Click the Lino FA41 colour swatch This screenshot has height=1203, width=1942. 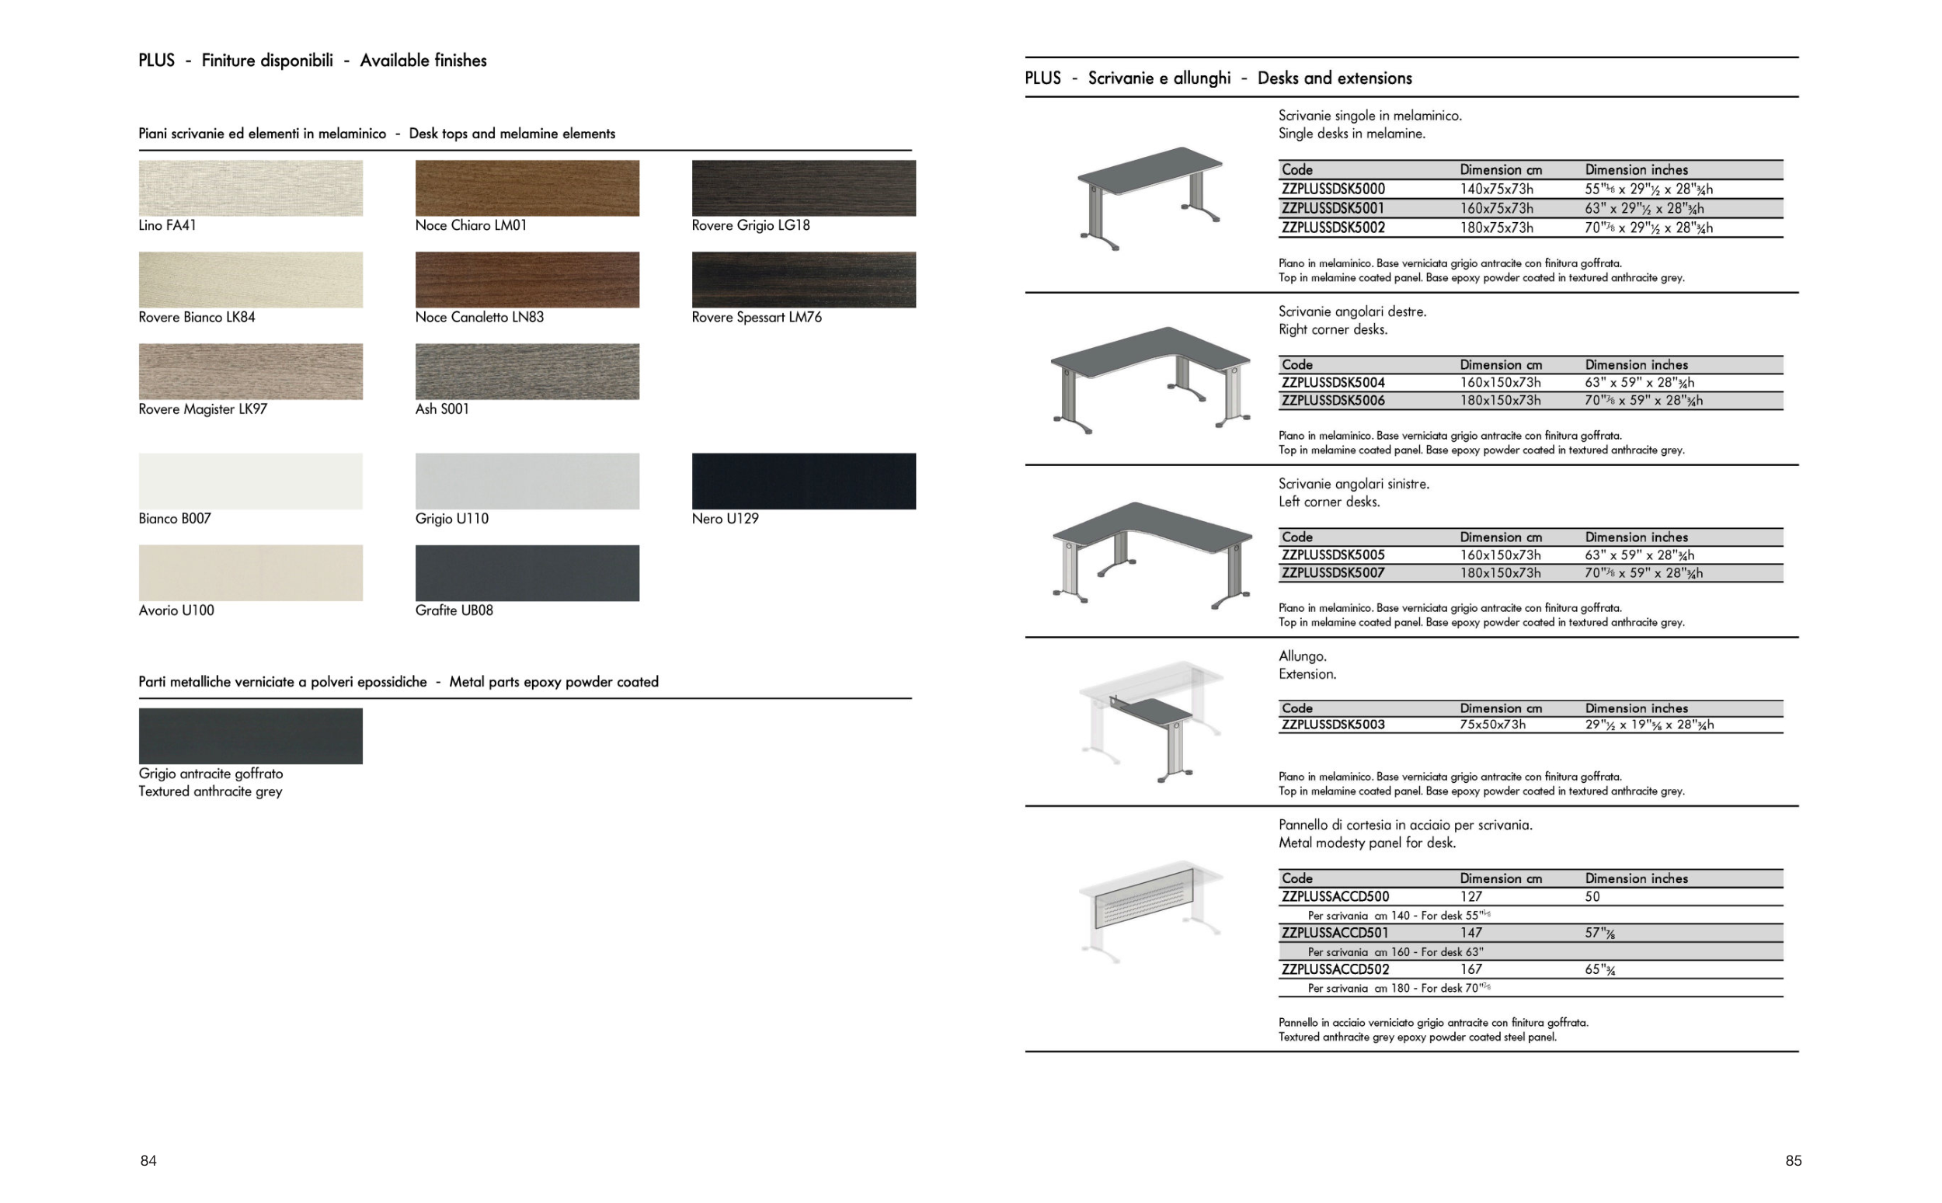tap(251, 188)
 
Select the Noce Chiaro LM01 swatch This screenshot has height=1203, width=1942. tap(527, 188)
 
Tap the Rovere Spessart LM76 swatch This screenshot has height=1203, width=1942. tap(803, 280)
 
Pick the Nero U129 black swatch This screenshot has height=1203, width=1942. tap(803, 482)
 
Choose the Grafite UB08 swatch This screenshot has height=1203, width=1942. tap(527, 573)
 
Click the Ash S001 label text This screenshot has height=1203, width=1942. tap(442, 409)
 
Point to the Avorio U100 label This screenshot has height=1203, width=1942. tap(176, 610)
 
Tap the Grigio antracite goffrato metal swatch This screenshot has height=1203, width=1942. tap(251, 736)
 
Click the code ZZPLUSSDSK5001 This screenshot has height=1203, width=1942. tap(1332, 208)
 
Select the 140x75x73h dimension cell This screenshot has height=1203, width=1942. tap(1496, 189)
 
